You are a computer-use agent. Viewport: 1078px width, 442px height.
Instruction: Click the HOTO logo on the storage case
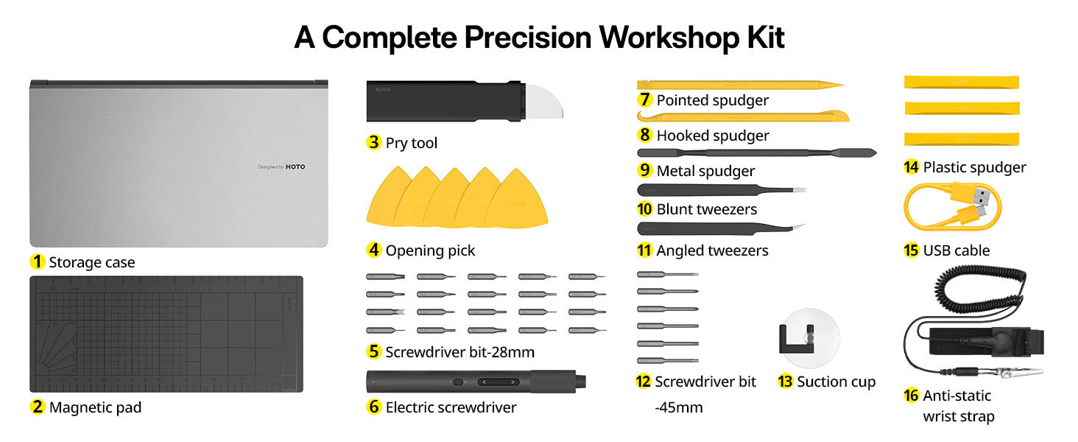295,167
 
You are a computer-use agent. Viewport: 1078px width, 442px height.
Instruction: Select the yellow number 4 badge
374,250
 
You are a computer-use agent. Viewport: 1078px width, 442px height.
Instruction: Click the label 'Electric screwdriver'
451,407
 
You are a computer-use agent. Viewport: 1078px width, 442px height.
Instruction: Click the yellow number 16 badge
911,396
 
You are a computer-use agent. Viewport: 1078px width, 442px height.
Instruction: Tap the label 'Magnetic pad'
95,407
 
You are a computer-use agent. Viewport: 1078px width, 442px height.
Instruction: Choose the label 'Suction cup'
836,382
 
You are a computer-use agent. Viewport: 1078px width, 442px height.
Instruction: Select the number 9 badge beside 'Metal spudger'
645,171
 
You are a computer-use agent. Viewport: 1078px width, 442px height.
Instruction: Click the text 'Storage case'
92,262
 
